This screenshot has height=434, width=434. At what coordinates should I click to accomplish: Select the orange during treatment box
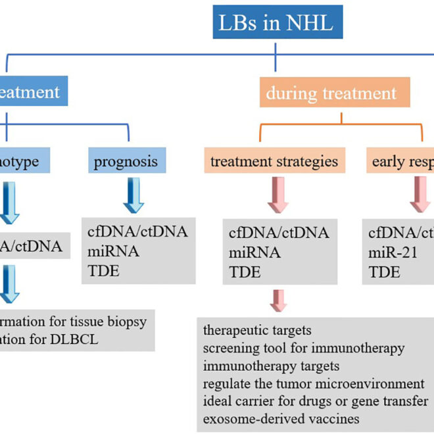(x=331, y=93)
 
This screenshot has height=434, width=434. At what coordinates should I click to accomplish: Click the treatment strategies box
(x=274, y=161)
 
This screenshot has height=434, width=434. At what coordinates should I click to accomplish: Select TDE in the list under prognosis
(x=103, y=270)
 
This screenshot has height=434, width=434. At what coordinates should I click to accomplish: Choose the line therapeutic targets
(x=257, y=329)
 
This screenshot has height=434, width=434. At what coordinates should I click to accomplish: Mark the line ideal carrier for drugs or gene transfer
(x=316, y=400)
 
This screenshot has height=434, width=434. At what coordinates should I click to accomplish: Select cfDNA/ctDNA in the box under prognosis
(x=137, y=231)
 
